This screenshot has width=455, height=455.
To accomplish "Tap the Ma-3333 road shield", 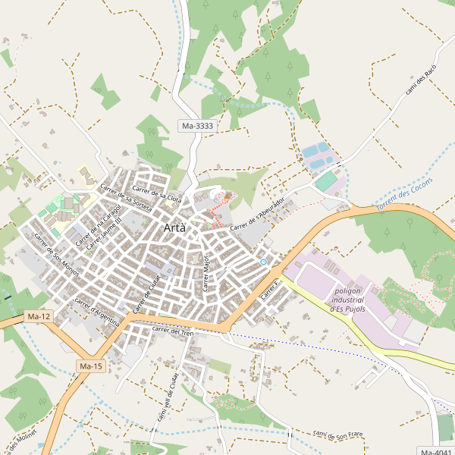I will (197, 125).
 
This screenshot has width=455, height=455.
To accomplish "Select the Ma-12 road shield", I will (38, 315).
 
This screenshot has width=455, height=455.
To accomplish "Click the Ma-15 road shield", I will (90, 366).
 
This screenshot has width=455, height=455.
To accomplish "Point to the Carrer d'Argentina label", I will (97, 312).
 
